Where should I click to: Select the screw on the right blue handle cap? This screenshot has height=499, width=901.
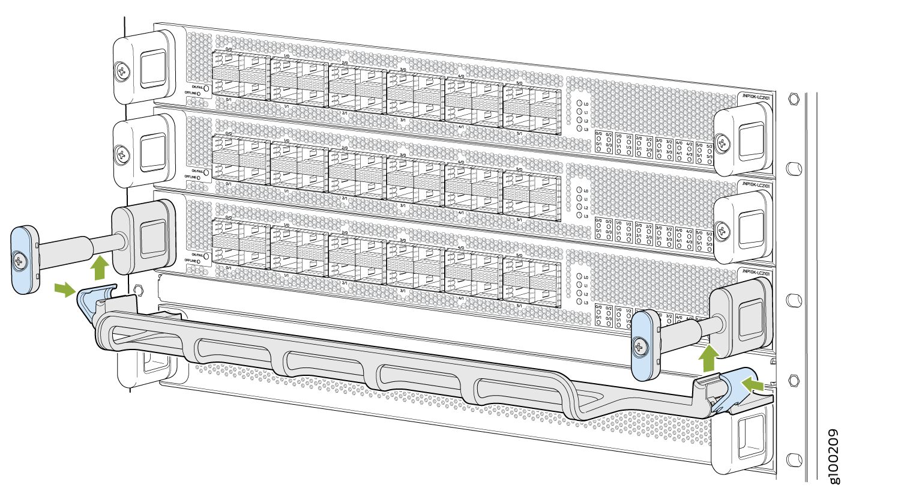click(x=642, y=346)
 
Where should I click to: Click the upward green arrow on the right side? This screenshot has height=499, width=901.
click(x=709, y=360)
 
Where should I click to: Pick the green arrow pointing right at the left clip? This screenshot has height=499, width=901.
click(x=65, y=291)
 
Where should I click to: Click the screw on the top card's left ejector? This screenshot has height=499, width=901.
click(x=124, y=71)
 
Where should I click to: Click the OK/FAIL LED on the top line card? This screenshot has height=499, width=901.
click(x=207, y=88)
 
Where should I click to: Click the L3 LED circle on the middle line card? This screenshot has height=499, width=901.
click(x=579, y=215)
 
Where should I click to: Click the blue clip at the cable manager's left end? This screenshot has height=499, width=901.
click(x=90, y=298)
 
